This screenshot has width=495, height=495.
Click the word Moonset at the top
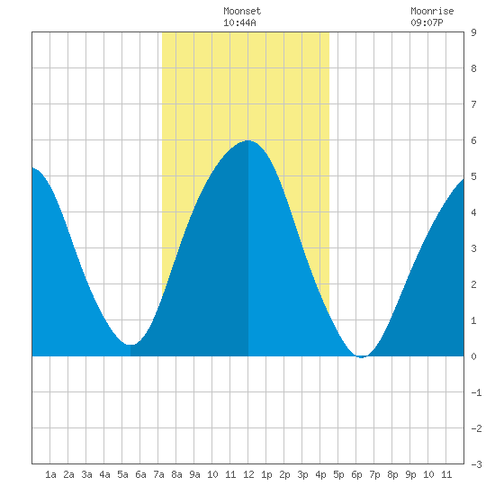pyautogui.click(x=242, y=11)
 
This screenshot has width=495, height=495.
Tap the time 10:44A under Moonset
pyautogui.click(x=239, y=22)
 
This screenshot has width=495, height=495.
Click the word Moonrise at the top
pyautogui.click(x=432, y=11)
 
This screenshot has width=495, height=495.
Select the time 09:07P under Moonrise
pyautogui.click(x=427, y=22)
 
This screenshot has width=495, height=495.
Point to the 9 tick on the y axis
pyautogui.click(x=473, y=32)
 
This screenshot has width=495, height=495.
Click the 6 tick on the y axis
pyautogui.click(x=473, y=140)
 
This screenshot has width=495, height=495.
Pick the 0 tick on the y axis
pyautogui.click(x=473, y=356)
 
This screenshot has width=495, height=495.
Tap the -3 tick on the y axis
pyautogui.click(x=476, y=464)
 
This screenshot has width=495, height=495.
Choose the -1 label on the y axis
pyautogui.click(x=476, y=392)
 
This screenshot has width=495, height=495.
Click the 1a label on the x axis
pyautogui.click(x=50, y=474)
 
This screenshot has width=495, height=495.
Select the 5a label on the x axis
pyautogui.click(x=122, y=474)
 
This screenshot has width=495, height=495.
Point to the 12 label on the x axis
pyautogui.click(x=248, y=474)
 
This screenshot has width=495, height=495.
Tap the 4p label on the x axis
pyautogui.click(x=320, y=474)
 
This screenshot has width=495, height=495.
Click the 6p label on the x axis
pyautogui.click(x=356, y=474)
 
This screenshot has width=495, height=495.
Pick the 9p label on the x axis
pyautogui.click(x=410, y=474)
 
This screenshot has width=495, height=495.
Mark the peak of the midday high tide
pyautogui.click(x=248, y=140)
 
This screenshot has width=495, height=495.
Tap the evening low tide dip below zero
pyautogui.click(x=362, y=357)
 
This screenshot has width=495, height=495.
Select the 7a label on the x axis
pyautogui.click(x=158, y=474)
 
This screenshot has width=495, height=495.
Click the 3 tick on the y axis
pyautogui.click(x=473, y=248)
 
